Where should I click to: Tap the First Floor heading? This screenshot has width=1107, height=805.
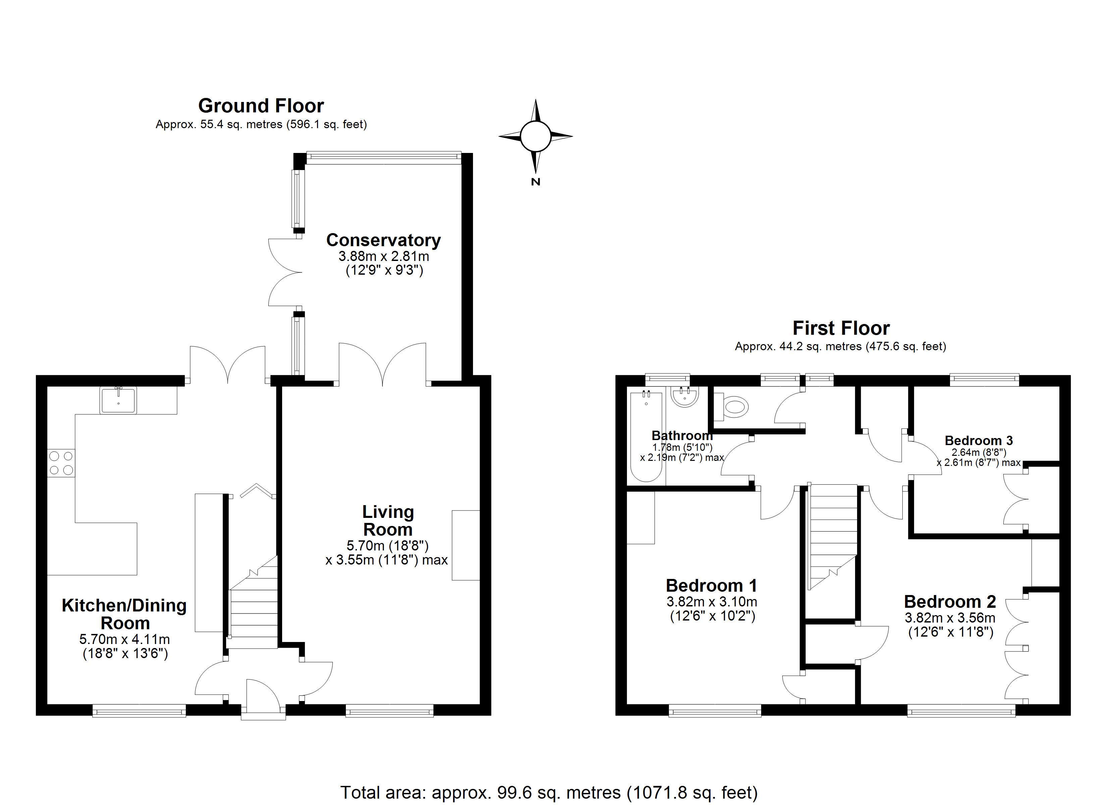[841, 328]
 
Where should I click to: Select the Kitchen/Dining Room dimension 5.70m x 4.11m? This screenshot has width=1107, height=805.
[124, 639]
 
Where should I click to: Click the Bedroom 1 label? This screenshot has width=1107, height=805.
[711, 585]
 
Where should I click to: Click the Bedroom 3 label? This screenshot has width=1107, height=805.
[979, 440]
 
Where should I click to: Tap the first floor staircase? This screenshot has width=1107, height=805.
[833, 537]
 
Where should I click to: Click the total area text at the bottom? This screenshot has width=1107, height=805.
[548, 792]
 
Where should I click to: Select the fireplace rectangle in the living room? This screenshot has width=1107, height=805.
[466, 545]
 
